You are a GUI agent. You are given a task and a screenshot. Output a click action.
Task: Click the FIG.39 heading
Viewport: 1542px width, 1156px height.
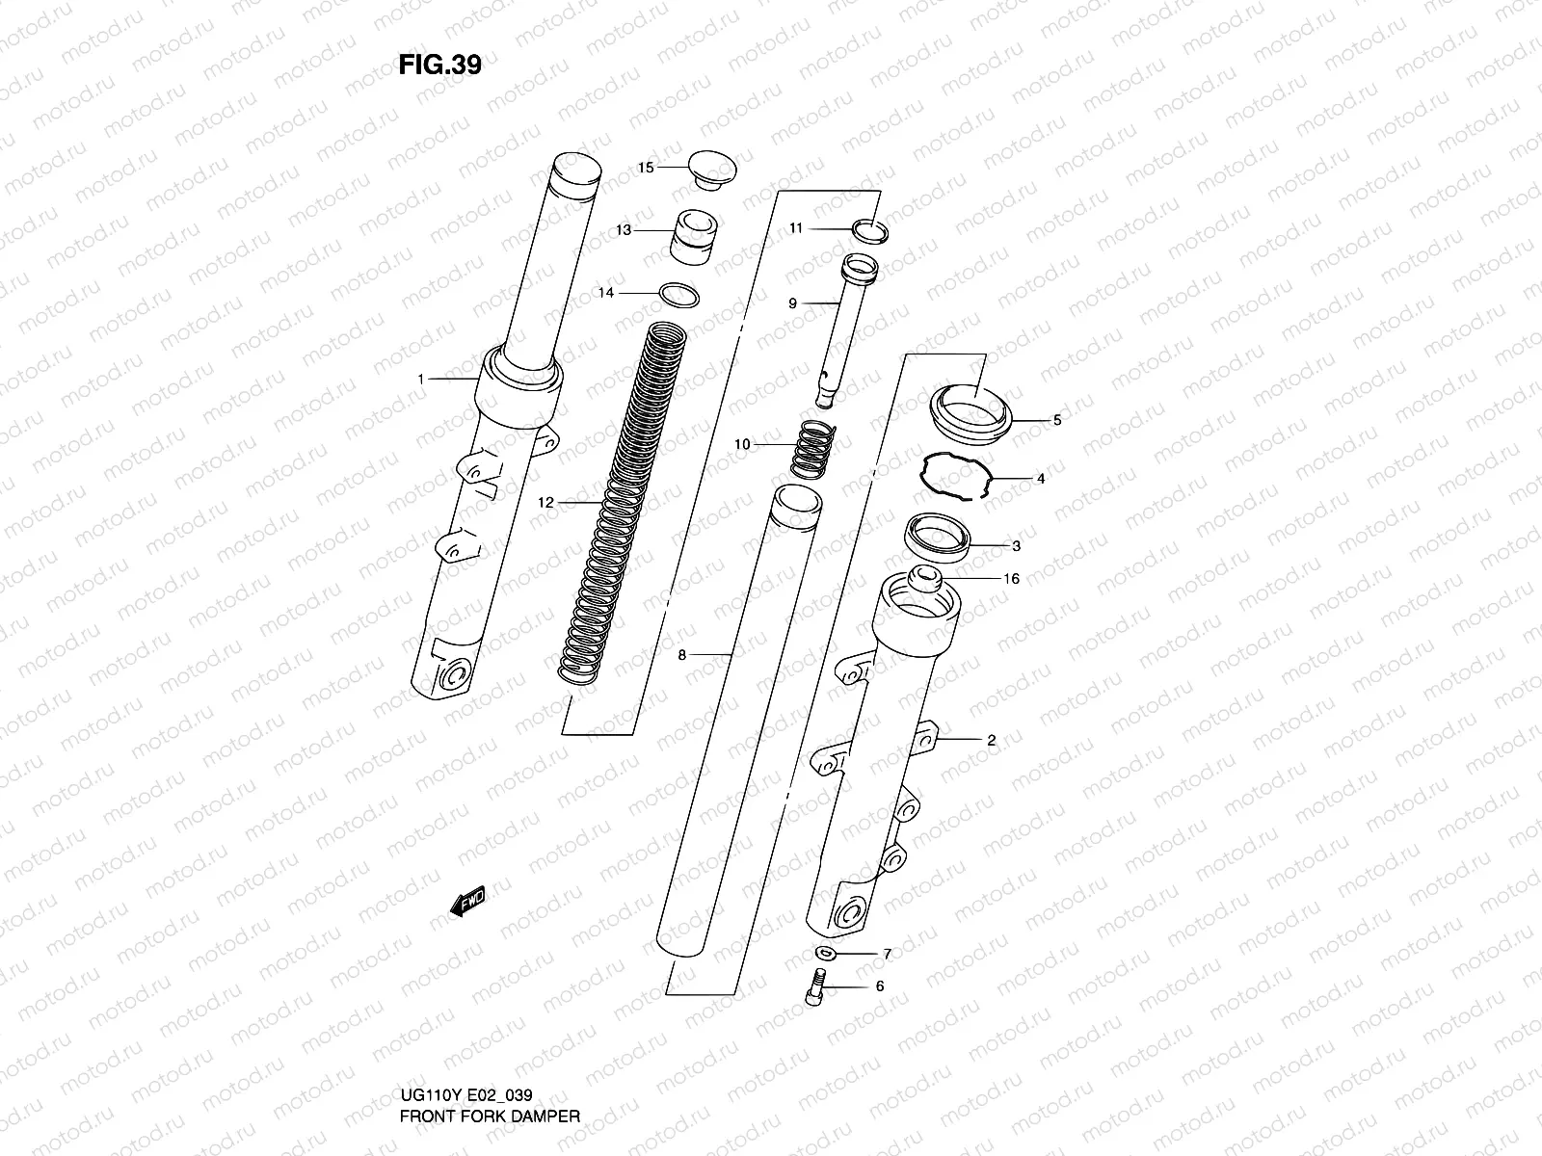click(439, 66)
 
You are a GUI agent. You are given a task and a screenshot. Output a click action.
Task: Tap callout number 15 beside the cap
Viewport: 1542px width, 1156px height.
click(646, 168)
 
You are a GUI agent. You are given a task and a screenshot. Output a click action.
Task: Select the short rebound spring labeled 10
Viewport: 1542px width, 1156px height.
click(814, 449)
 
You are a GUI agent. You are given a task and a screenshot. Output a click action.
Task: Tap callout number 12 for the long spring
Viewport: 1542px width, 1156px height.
click(546, 502)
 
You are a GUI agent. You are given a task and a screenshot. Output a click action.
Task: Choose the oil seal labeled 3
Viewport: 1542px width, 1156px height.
click(939, 534)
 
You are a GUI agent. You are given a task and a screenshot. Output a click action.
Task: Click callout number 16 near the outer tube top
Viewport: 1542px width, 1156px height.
click(1011, 579)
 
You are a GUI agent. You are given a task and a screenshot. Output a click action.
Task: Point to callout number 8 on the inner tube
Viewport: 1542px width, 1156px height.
click(681, 655)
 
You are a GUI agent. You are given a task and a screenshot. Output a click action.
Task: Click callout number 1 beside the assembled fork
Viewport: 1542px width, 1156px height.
click(420, 380)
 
